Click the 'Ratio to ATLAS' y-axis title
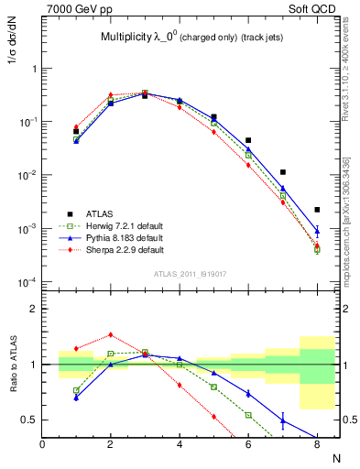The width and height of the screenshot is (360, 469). tap(14, 366)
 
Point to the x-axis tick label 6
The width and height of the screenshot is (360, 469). tap(248, 445)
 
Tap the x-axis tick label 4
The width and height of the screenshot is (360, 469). tap(180, 445)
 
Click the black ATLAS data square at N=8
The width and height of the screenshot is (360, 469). tap(317, 210)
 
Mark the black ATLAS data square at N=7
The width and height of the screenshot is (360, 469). tap(283, 172)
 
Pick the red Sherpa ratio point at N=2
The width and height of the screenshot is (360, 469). tap(111, 334)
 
